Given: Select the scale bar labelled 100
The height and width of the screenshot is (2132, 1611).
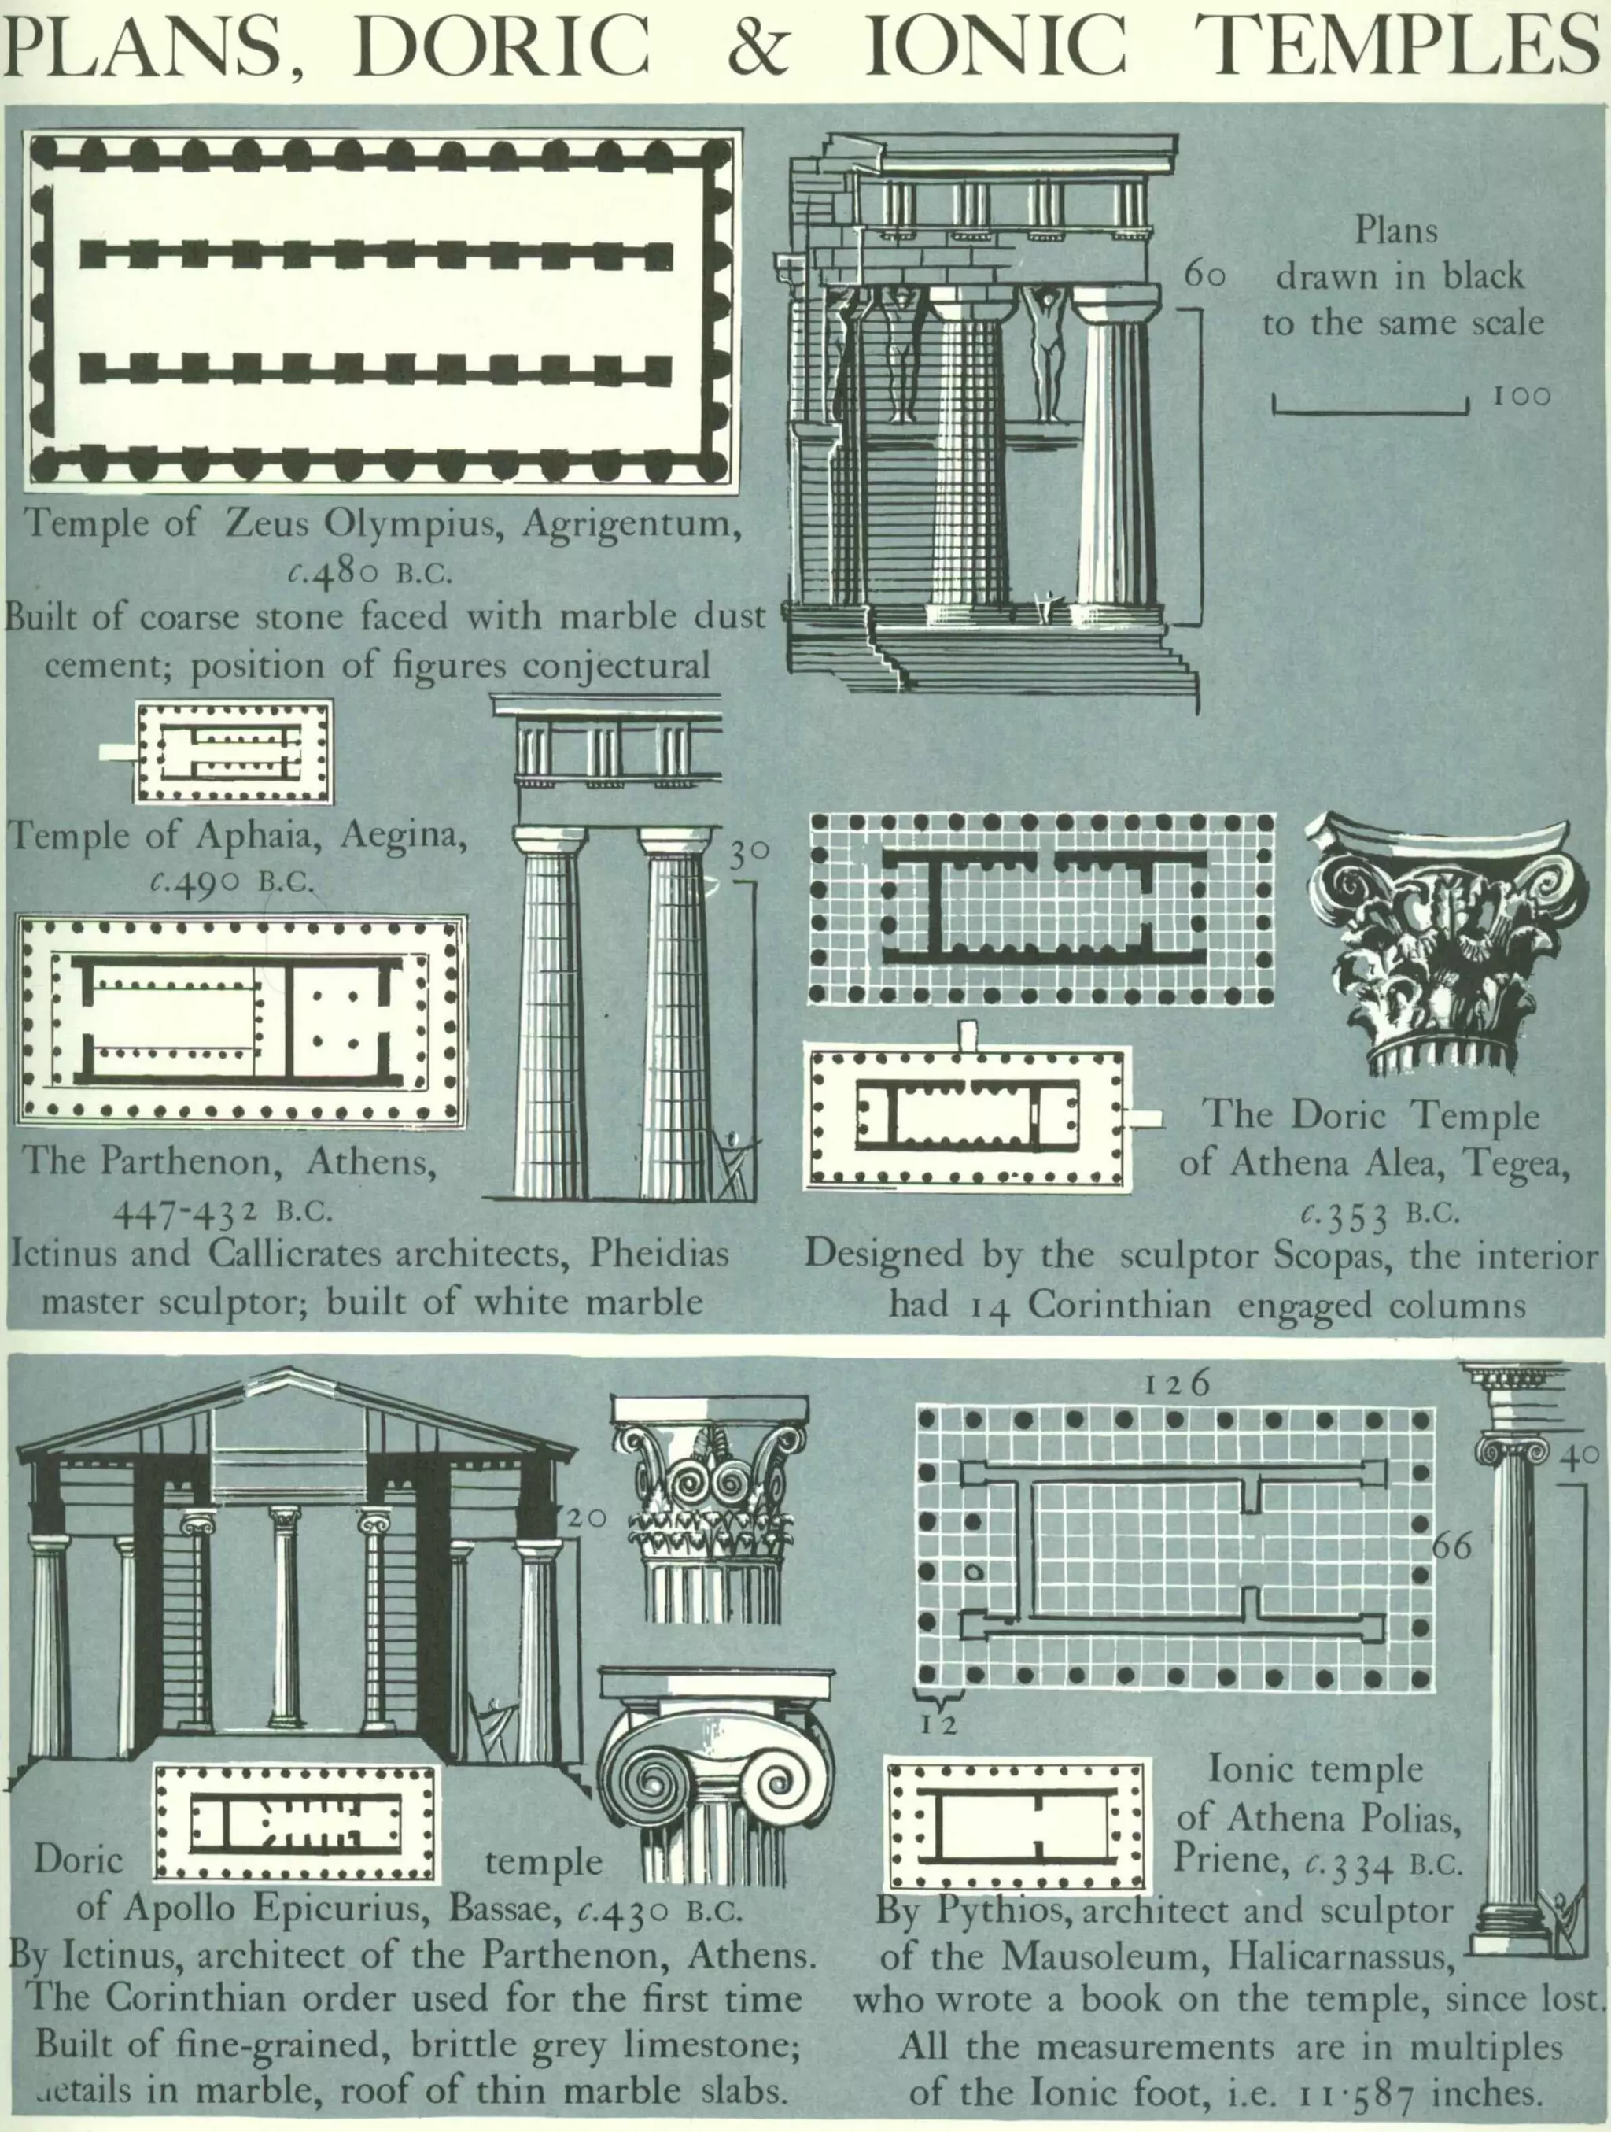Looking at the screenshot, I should [x=1370, y=404].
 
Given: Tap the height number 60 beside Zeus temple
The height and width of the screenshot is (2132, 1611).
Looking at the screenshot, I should [x=1204, y=275].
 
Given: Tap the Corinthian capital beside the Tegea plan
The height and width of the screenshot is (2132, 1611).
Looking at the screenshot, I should [x=1445, y=945].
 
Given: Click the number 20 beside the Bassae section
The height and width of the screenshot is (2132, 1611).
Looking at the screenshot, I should [x=585, y=1518].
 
